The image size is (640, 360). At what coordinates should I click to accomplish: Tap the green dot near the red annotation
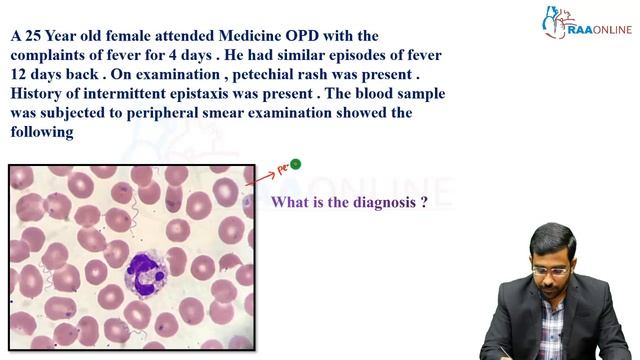point(295,164)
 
